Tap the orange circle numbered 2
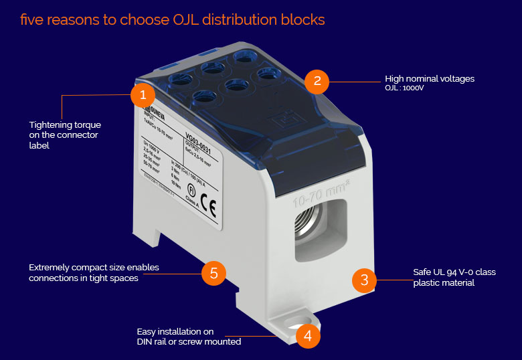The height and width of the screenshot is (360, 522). point(317,81)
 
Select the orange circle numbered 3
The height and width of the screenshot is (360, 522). point(364,279)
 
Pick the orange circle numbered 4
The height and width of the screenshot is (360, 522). point(307,335)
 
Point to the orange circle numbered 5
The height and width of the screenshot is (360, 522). point(213,272)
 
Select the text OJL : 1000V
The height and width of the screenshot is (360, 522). point(405,88)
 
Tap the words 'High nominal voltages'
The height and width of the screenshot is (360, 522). point(430,78)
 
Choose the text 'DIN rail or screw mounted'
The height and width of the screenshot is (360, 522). point(189,341)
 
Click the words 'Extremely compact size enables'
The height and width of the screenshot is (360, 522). point(94,268)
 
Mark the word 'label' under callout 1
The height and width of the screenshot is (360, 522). point(39,145)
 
